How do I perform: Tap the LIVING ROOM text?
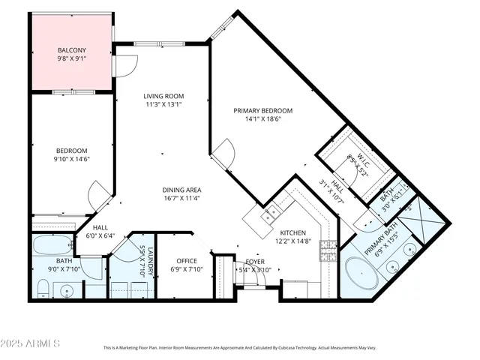(x=163, y=96)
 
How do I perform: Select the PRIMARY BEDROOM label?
(x=262, y=110)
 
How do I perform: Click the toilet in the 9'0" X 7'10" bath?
(x=43, y=289)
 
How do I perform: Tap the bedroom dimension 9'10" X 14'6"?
(x=71, y=159)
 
